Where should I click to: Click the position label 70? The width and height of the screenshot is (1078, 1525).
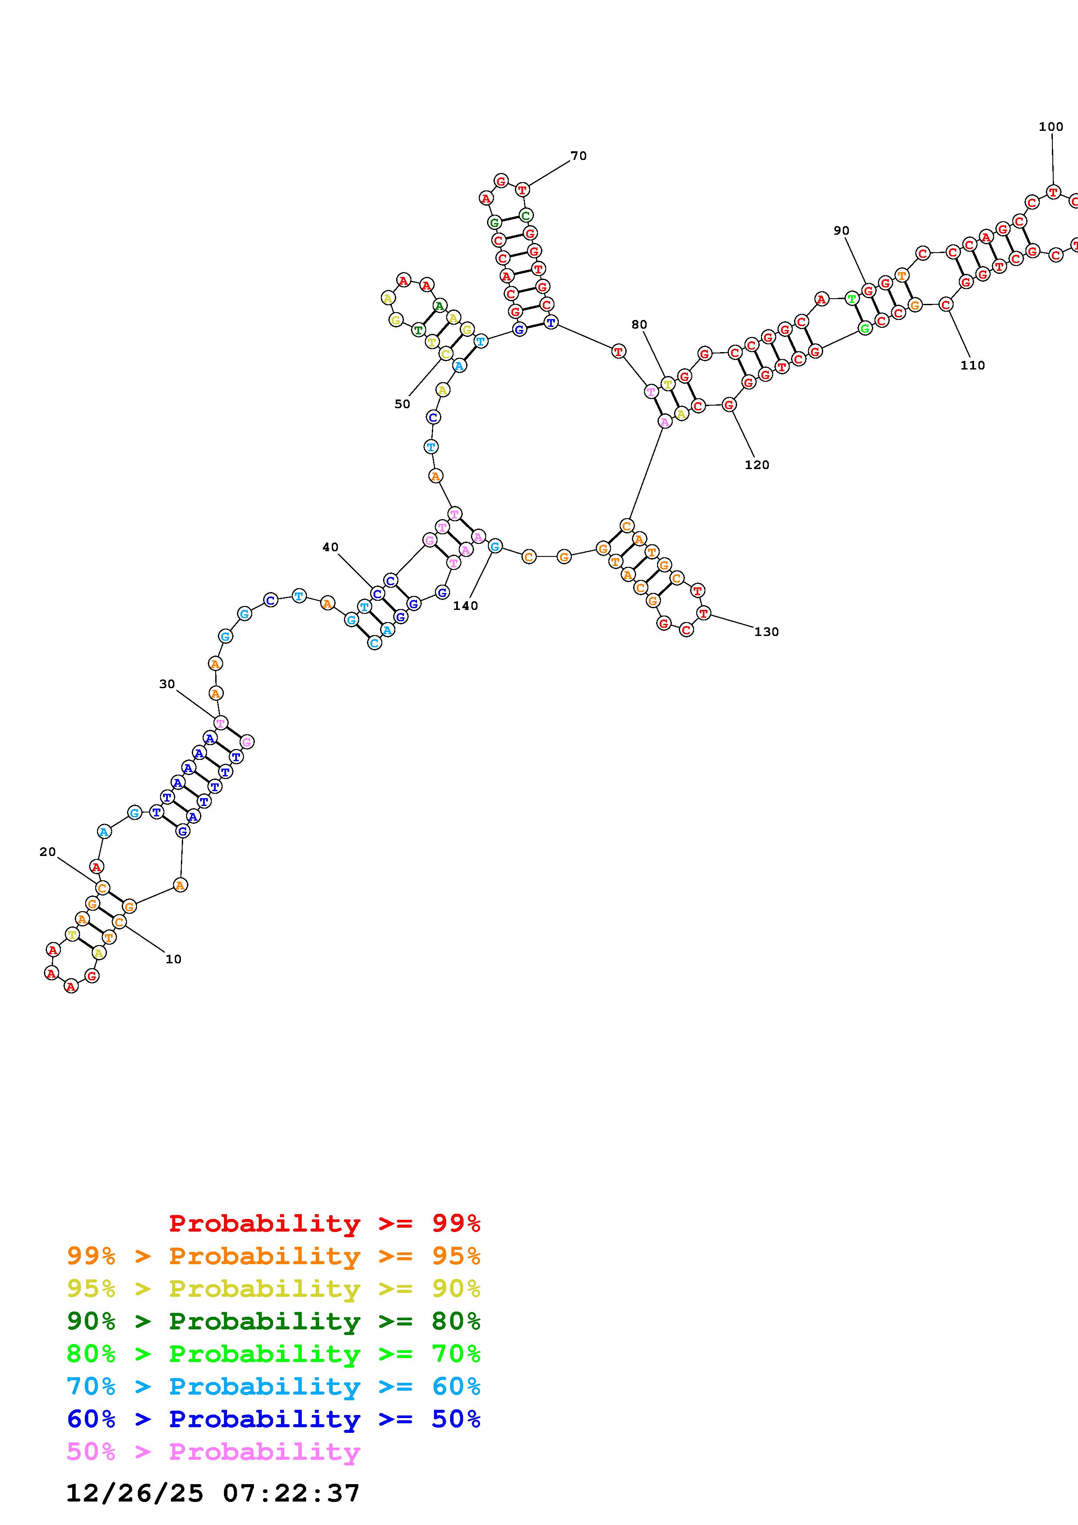coord(578,156)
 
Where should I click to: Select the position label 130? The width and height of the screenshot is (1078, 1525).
coord(767,632)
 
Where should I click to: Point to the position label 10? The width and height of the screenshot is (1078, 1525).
coord(174,959)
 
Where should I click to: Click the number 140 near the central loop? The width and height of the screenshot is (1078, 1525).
coord(466,606)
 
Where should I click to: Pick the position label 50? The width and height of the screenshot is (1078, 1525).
coord(403,404)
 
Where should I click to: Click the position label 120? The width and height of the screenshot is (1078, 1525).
coord(757,465)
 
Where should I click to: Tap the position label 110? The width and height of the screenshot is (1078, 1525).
coord(973,365)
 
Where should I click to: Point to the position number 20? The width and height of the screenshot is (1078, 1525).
coord(48,852)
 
